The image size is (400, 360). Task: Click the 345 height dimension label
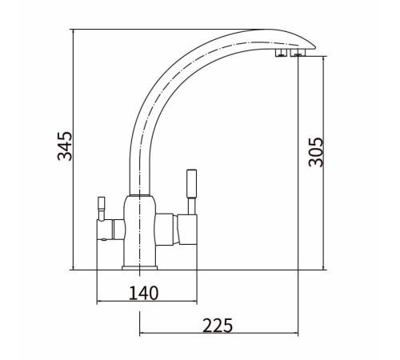click(x=65, y=146)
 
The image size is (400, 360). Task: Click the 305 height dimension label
click(x=316, y=152)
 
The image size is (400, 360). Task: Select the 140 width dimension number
click(x=144, y=293)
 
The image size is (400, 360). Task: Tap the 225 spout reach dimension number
click(x=218, y=326)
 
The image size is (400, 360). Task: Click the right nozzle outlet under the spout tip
click(x=297, y=53)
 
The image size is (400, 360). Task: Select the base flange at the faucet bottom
click(x=139, y=268)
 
